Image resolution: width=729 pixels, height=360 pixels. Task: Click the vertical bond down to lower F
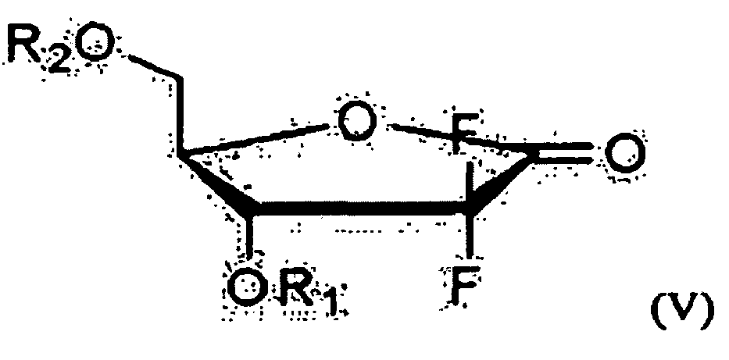coord(470,242)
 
